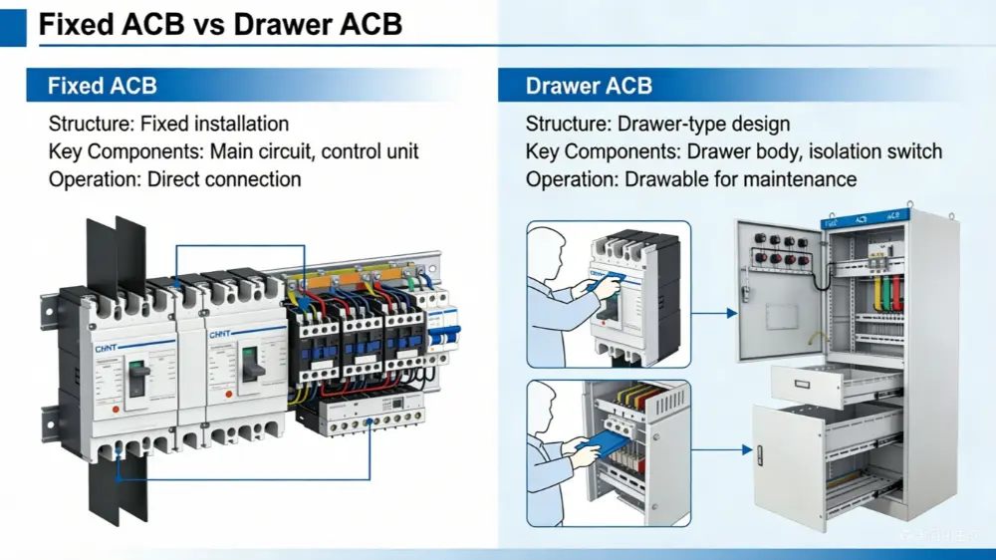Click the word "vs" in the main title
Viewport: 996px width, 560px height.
click(206, 23)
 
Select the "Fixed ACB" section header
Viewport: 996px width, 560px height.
click(103, 86)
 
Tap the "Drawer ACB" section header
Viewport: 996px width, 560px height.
click(589, 86)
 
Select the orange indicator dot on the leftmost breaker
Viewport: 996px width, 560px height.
click(117, 409)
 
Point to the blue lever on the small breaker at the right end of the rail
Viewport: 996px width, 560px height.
click(453, 333)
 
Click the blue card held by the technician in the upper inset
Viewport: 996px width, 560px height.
click(610, 282)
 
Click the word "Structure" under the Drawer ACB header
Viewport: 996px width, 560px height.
click(568, 125)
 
